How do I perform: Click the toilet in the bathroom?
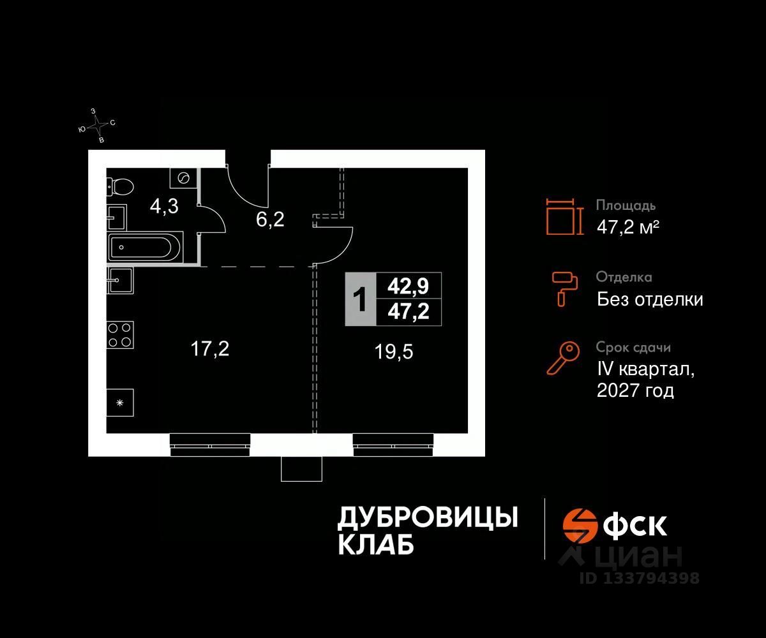coord(121,186)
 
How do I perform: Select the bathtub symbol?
coord(146,247)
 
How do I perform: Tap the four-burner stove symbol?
coord(120,334)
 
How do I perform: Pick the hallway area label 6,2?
coord(271,220)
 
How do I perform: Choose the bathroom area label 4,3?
coord(164,206)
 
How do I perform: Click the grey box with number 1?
coord(361,300)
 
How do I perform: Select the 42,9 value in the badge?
coord(409,286)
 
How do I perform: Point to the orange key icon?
coord(563,358)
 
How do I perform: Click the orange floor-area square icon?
coord(564,217)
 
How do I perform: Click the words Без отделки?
coord(650,299)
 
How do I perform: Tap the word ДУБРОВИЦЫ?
coord(427,517)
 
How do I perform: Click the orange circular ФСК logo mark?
coord(579,524)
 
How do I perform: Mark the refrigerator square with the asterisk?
coord(120,403)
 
